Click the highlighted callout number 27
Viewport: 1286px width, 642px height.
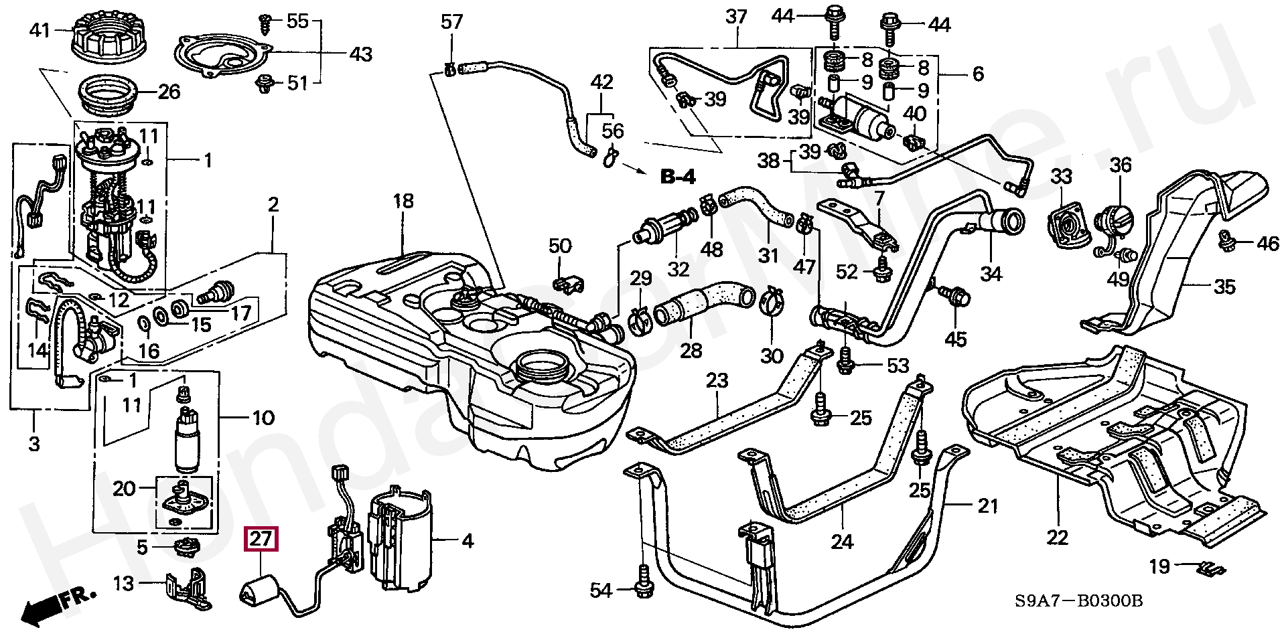[x=261, y=540]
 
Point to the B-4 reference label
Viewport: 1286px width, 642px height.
[x=678, y=177]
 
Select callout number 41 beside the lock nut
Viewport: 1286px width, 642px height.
[x=40, y=30]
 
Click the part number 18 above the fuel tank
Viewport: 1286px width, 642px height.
[x=403, y=201]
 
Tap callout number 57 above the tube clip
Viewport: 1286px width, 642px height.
[x=451, y=22]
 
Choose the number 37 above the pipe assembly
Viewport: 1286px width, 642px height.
[x=736, y=16]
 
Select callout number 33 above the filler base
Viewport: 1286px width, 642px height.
[x=1062, y=177]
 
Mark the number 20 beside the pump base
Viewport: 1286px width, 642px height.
[x=125, y=489]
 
